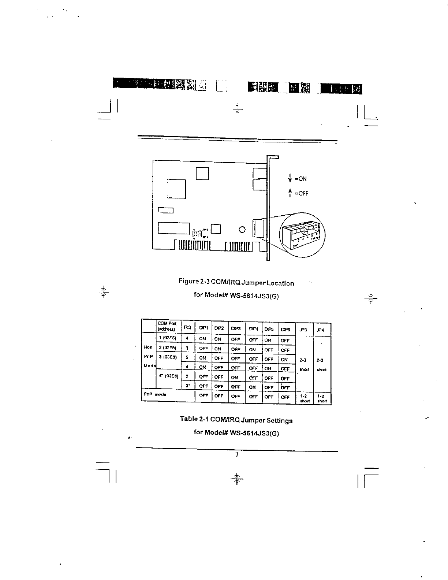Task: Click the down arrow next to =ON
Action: pyautogui.click(x=290, y=178)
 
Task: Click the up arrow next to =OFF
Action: pyautogui.click(x=290, y=192)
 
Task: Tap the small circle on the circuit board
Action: pyautogui.click(x=242, y=230)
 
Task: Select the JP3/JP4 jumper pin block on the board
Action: pyautogui.click(x=197, y=233)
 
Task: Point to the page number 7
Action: pyautogui.click(x=237, y=455)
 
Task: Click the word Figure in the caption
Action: pyautogui.click(x=188, y=281)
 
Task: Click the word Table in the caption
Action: pyautogui.click(x=188, y=419)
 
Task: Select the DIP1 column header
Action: pyautogui.click(x=203, y=328)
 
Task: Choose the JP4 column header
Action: pyautogui.click(x=321, y=330)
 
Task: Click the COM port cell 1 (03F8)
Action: pyautogui.click(x=167, y=338)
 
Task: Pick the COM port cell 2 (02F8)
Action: pyautogui.click(x=167, y=347)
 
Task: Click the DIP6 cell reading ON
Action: pyautogui.click(x=284, y=360)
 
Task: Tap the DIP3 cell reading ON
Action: pyautogui.click(x=235, y=378)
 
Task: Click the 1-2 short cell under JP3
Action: pyautogui.click(x=304, y=398)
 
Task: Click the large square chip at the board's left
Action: pyautogui.click(x=176, y=189)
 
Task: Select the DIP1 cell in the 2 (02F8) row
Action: pyautogui.click(x=203, y=349)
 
